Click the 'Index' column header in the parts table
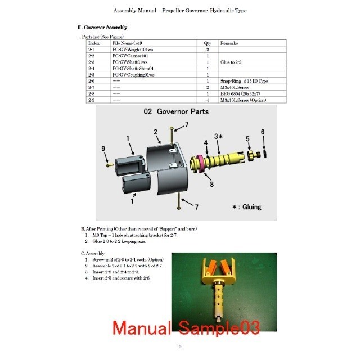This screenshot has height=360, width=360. [x=94, y=43]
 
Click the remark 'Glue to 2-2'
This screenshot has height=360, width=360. [x=232, y=62]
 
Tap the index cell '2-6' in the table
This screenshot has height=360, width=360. [x=92, y=82]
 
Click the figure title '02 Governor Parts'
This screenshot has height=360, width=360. [x=176, y=111]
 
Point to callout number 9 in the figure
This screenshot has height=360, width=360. [x=103, y=148]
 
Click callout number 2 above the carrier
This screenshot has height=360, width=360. [x=155, y=132]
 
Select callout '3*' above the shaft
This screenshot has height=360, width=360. [x=219, y=136]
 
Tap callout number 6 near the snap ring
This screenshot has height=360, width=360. [x=262, y=132]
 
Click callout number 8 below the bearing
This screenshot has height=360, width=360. [x=211, y=183]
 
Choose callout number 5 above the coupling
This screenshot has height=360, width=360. [x=247, y=138]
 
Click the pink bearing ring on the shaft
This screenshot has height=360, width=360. [x=198, y=163]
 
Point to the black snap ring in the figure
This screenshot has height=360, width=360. [x=267, y=152]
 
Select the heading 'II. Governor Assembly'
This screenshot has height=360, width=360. [x=102, y=27]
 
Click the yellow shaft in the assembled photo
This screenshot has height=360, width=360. [x=217, y=298]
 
